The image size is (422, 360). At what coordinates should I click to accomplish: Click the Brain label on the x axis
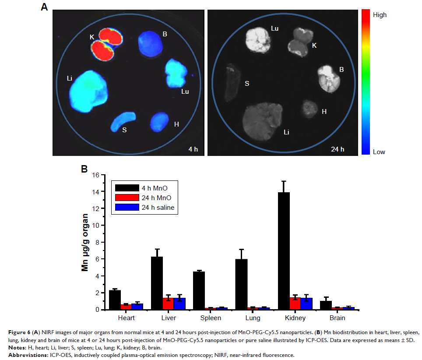coord(338,318)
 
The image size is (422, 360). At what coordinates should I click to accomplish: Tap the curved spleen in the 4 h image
coord(123,122)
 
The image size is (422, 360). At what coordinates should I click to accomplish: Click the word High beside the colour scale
coord(380,15)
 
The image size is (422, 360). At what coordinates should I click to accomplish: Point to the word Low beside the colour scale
coord(379,152)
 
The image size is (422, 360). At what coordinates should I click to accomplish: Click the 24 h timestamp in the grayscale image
coord(338,149)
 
